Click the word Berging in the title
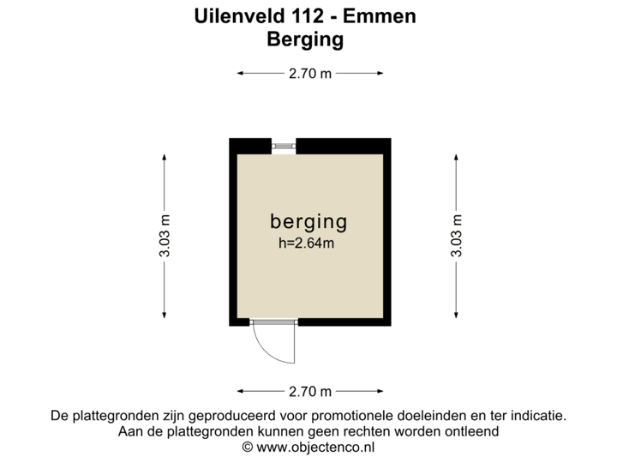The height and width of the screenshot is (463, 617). point(306,39)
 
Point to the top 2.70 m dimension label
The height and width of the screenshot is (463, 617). point(309,74)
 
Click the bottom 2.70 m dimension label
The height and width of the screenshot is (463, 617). point(309,392)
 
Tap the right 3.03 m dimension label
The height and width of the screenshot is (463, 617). point(456,235)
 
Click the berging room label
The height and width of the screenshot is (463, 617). point(308,221)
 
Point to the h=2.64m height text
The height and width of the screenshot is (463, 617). point(306,243)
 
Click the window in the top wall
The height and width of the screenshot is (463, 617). point(283,147)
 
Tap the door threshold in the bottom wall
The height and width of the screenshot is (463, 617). point(273,322)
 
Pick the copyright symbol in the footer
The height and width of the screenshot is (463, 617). point(247,447)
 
